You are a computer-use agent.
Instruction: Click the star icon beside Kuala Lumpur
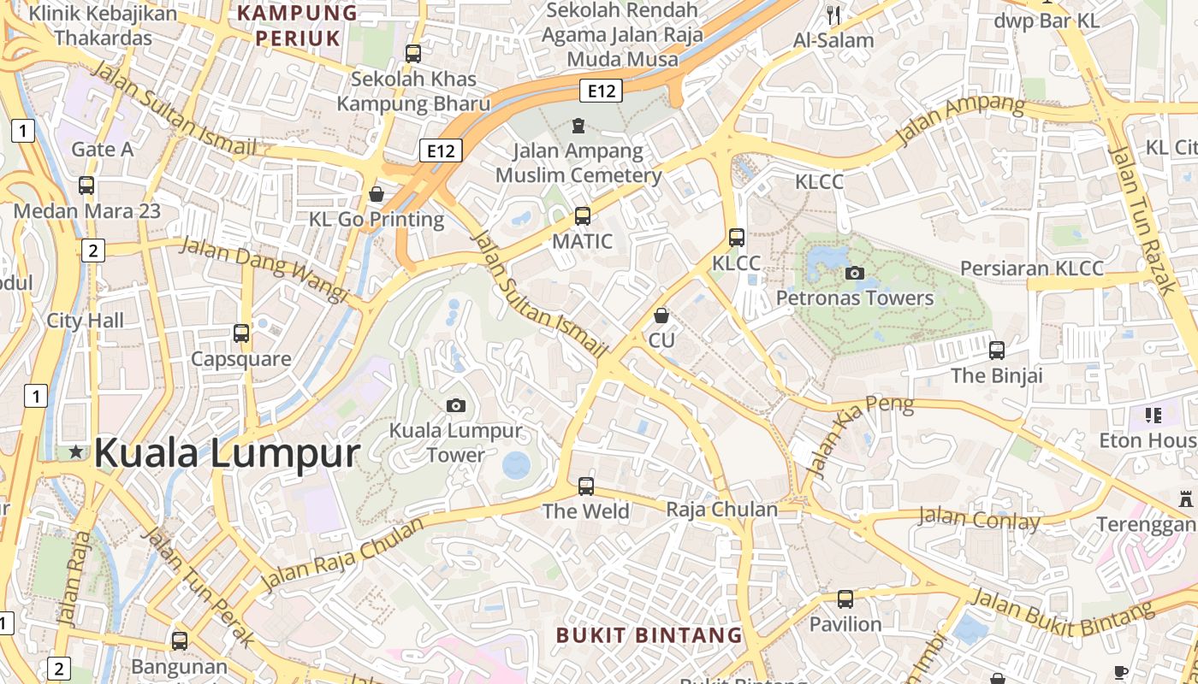click(76, 451)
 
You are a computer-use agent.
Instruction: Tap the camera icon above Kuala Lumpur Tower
click(456, 405)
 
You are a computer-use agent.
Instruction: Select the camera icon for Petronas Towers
click(854, 274)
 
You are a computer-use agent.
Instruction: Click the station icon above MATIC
click(583, 215)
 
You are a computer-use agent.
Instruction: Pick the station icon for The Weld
click(586, 486)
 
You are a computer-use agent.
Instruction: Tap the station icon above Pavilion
click(845, 598)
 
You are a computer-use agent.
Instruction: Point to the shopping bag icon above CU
click(661, 315)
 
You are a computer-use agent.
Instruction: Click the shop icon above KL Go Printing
click(376, 194)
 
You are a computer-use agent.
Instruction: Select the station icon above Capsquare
click(241, 333)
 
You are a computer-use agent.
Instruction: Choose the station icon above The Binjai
click(997, 350)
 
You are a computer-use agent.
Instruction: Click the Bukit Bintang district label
click(649, 635)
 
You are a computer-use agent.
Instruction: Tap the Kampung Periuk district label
click(298, 26)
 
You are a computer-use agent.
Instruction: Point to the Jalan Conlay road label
click(979, 518)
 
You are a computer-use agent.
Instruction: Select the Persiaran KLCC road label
click(1032, 268)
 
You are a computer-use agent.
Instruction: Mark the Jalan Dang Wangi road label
click(264, 269)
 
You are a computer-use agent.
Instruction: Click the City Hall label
click(85, 321)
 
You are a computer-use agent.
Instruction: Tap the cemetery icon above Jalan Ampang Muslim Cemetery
click(578, 127)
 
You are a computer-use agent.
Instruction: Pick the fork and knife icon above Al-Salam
click(833, 15)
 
